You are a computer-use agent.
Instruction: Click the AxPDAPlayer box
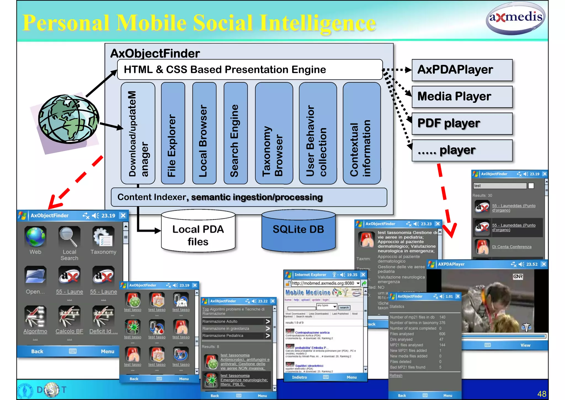pyautogui.click(x=462, y=70)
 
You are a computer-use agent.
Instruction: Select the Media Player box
pyautogui.click(x=462, y=97)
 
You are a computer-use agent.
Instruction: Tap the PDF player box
pyautogui.click(x=462, y=123)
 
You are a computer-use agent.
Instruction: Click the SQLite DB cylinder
pyautogui.click(x=298, y=231)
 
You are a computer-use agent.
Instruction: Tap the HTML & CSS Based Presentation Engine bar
pyautogui.click(x=250, y=70)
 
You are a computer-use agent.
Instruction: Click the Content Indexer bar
pyautogui.click(x=248, y=197)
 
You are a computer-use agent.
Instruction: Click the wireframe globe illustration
pyautogui.click(x=68, y=119)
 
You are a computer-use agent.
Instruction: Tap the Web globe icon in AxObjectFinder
pyautogui.click(x=35, y=237)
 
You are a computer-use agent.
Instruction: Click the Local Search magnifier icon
pyautogui.click(x=69, y=237)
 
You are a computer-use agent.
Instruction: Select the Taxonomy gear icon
pyautogui.click(x=103, y=237)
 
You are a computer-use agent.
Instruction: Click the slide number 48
pyautogui.click(x=542, y=394)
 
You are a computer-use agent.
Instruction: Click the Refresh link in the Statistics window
pyautogui.click(x=396, y=375)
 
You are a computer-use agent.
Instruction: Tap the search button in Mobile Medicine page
pyautogui.click(x=344, y=307)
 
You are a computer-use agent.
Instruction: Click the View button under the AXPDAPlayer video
pyautogui.click(x=525, y=345)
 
